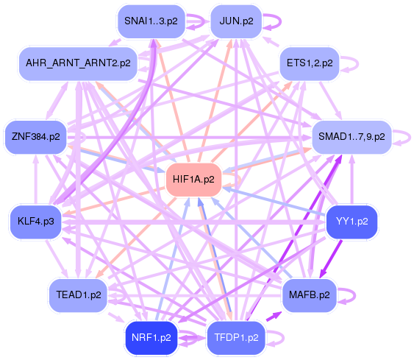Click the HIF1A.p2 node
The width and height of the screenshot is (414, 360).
(x=194, y=179)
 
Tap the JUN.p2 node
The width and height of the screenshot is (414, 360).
(x=235, y=21)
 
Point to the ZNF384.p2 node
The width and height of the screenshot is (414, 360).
(x=35, y=136)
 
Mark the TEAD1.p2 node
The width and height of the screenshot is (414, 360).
(x=78, y=294)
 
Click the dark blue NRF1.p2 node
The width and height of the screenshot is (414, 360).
(x=151, y=338)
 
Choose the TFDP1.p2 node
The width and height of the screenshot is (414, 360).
(x=235, y=338)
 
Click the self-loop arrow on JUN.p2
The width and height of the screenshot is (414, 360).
(x=271, y=21)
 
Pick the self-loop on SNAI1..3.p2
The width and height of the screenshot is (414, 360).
(x=195, y=21)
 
